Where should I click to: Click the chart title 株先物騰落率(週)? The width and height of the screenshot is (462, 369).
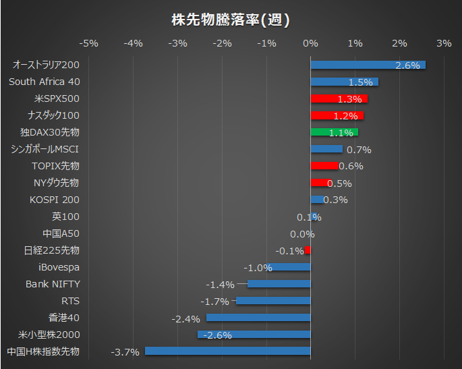[x=231, y=20]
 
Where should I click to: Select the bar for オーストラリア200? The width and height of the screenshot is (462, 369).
[x=368, y=65]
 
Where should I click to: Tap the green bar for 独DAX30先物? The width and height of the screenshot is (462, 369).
[x=334, y=132]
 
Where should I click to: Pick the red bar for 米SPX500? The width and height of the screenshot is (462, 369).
[x=339, y=98]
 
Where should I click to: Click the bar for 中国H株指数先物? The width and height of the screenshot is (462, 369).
[x=227, y=351]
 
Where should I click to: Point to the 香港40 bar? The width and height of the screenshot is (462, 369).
[x=258, y=317]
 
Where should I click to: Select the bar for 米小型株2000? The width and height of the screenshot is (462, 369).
[x=254, y=334]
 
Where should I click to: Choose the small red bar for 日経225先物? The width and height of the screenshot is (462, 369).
[x=308, y=250]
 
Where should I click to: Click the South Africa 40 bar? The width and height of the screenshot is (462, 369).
[x=344, y=82]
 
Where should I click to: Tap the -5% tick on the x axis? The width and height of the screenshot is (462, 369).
[x=89, y=44]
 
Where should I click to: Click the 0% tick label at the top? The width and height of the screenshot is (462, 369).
[x=310, y=44]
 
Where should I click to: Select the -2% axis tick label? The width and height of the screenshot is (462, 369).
[x=222, y=44]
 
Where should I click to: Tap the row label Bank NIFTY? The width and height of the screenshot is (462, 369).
[x=53, y=284]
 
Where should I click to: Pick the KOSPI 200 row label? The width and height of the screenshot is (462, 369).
[x=55, y=200]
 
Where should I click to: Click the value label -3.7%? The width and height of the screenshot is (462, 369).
[x=124, y=351]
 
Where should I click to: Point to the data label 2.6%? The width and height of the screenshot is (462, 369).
[x=407, y=65]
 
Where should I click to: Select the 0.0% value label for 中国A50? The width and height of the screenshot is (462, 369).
[x=302, y=234]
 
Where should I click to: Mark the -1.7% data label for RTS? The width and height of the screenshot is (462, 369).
[x=214, y=301]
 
